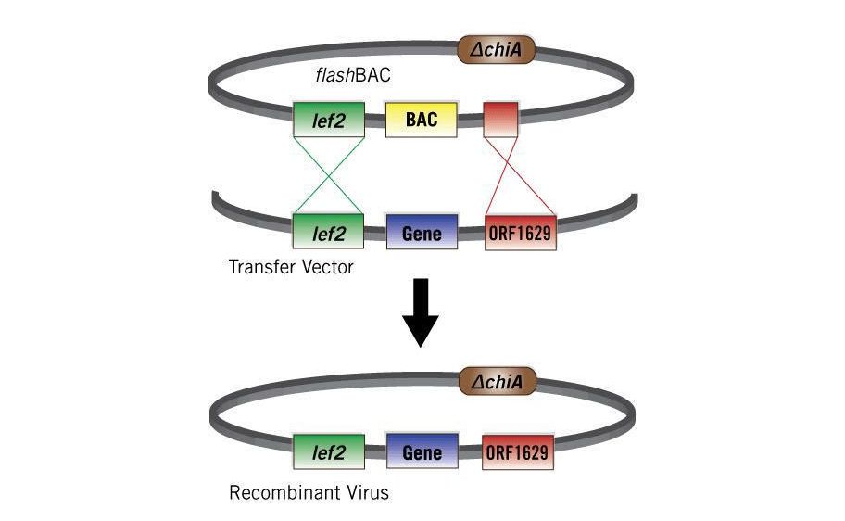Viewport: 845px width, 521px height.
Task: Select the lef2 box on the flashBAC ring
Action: [328, 121]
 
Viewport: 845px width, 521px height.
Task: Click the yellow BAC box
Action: [422, 120]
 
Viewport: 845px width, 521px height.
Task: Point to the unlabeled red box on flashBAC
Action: [501, 120]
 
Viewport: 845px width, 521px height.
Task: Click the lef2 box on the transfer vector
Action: [328, 234]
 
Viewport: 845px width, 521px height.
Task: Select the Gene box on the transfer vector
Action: [422, 234]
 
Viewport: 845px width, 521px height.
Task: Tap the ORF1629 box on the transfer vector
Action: [520, 234]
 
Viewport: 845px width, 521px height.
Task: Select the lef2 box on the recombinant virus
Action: [328, 452]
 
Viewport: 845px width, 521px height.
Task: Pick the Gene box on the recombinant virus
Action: [422, 452]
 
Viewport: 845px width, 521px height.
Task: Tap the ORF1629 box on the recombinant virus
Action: [519, 452]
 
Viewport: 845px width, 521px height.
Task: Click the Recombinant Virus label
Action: [309, 492]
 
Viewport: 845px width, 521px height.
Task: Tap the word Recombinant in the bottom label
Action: [284, 492]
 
